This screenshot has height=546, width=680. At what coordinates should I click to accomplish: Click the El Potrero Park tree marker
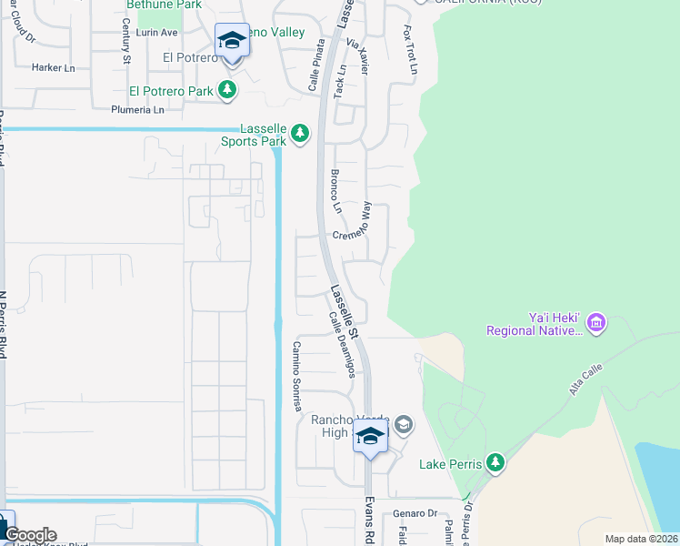pyautogui.click(x=226, y=90)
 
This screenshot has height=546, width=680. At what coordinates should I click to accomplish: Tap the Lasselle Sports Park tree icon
pyautogui.click(x=300, y=135)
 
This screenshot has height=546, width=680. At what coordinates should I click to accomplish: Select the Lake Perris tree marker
pyautogui.click(x=495, y=463)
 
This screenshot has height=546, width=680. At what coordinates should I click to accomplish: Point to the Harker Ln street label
pyautogui.click(x=53, y=67)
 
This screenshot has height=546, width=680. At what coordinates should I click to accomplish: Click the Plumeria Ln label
pyautogui.click(x=137, y=110)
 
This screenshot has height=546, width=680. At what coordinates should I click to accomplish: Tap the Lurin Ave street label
pyautogui.click(x=156, y=32)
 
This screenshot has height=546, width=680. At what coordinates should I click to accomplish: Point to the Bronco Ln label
pyautogui.click(x=336, y=191)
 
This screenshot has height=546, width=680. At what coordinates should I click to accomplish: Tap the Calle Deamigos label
pyautogui.click(x=342, y=345)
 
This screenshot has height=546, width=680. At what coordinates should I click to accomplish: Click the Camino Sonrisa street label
pyautogui.click(x=295, y=377)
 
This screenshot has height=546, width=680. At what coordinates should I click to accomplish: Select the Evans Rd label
pyautogui.click(x=370, y=521)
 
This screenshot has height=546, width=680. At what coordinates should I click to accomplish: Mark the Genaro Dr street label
pyautogui.click(x=416, y=513)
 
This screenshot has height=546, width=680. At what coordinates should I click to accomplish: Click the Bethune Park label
pyautogui.click(x=151, y=5)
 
